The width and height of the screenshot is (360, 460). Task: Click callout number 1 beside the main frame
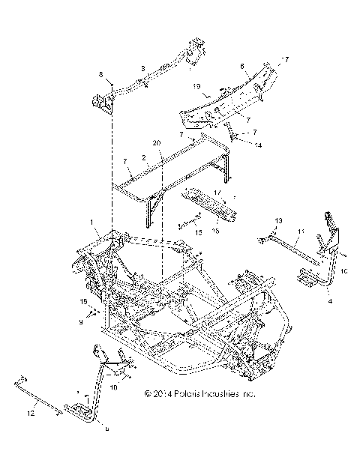coord(92,223)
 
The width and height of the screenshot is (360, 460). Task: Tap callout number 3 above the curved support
coord(142,68)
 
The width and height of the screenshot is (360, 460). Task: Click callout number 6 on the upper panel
coord(241,67)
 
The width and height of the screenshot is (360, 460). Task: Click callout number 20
coord(157,142)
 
